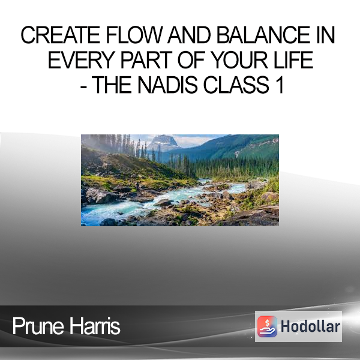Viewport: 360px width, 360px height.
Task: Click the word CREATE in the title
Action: tap(60, 35)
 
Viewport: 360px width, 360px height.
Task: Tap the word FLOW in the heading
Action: tap(134, 35)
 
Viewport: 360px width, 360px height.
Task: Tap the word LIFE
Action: tap(293, 60)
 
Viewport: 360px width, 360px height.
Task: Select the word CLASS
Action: tap(236, 85)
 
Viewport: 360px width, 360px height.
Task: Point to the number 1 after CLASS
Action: tap(280, 85)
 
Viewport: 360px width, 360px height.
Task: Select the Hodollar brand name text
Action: tap(310, 326)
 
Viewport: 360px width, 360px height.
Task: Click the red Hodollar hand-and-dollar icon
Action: tap(267, 326)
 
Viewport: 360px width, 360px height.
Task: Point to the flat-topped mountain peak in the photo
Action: tap(163, 140)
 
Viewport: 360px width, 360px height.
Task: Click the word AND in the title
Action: tap(189, 35)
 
